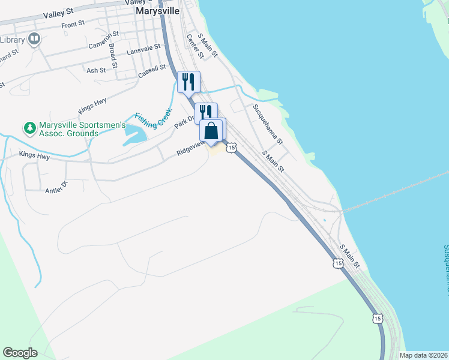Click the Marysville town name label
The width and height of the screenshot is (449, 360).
158,11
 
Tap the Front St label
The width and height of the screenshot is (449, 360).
73,24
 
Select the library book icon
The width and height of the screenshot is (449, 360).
34,40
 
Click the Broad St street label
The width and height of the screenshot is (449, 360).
113,55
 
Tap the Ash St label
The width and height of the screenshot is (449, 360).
96,70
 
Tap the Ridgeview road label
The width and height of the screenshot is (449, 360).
191,149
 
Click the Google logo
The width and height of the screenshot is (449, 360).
20,353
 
